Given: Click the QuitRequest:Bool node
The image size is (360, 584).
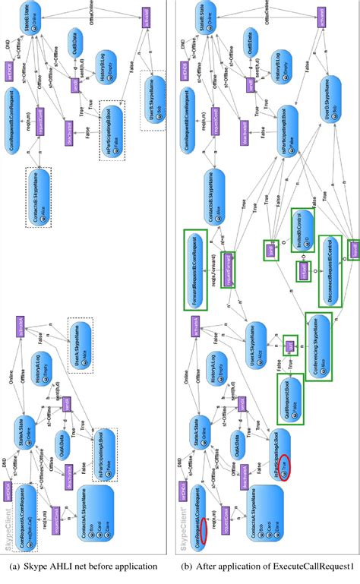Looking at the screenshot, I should point(289,398).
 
